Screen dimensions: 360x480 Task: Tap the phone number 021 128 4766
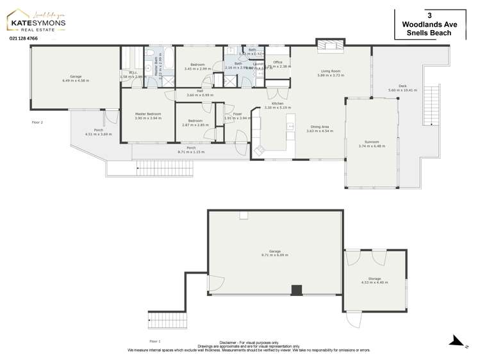(24, 39)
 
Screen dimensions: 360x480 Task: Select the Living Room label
(330, 73)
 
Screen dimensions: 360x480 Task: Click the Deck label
(402, 88)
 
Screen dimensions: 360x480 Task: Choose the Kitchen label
(277, 105)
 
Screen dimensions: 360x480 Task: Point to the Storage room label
(374, 280)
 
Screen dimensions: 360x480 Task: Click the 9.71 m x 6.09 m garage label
(275, 253)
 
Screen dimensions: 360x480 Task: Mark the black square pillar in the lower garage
(296, 290)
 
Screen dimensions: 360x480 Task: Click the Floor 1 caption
(154, 341)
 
